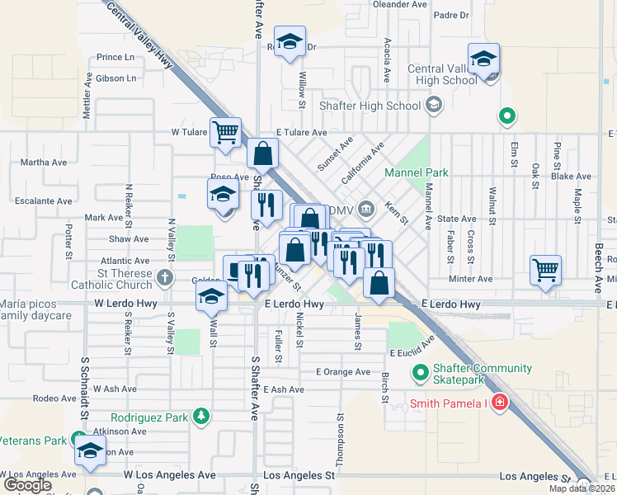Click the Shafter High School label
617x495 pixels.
380,106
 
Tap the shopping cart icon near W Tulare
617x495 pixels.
225,132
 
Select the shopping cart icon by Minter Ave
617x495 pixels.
546,269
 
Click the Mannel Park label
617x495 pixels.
417,172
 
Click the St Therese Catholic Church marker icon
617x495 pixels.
165,276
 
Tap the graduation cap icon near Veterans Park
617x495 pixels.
90,451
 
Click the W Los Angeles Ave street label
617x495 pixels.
169,475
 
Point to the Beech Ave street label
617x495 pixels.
597,269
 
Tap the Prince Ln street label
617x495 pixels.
115,58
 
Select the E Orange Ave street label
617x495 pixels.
343,371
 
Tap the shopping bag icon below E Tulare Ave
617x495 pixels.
262,153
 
